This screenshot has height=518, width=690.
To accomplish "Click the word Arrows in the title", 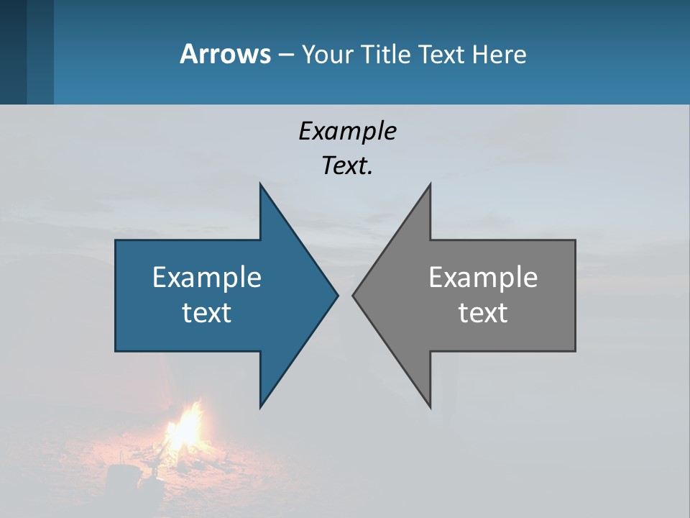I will coord(225,54).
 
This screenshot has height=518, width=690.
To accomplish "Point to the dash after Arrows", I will coord(285,55).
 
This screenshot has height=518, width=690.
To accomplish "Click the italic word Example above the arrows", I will coord(347,132).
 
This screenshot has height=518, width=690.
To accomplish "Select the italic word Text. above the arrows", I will coord(347,166).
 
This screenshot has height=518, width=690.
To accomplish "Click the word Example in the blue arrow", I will coord(207,278).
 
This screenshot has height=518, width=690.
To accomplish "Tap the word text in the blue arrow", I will coord(207,312).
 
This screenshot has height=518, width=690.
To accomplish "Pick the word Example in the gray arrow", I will coord(483,278).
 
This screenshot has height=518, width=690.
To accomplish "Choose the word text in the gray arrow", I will coord(483,312).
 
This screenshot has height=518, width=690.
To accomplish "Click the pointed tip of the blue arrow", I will coord(337,295).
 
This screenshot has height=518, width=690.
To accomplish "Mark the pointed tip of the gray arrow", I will coord(354,295).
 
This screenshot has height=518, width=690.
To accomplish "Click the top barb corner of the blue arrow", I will coord(261,185).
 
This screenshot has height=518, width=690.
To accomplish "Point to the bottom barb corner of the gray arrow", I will coord(430,406).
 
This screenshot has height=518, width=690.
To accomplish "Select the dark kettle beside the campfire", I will coord(119,478).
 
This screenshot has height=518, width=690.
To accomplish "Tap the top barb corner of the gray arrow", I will coord(430,185).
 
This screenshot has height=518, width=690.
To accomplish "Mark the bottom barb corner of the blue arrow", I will coord(261,406).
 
